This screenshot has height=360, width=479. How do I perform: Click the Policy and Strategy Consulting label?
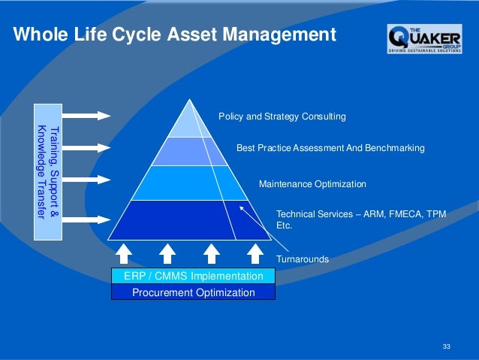282,116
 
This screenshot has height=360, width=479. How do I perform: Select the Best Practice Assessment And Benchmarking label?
330,148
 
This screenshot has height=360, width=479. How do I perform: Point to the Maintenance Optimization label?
312,183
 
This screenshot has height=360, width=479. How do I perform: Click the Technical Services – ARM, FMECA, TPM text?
361,213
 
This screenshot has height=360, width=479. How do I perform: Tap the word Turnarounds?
303,259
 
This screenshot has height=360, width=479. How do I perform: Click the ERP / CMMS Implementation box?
194,276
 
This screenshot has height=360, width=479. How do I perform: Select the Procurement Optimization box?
194,292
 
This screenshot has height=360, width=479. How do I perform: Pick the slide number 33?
447,346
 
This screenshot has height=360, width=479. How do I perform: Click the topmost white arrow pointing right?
87,115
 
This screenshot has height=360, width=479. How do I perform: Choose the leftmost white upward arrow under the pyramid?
125,253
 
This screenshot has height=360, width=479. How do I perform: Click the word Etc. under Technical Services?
285,225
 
